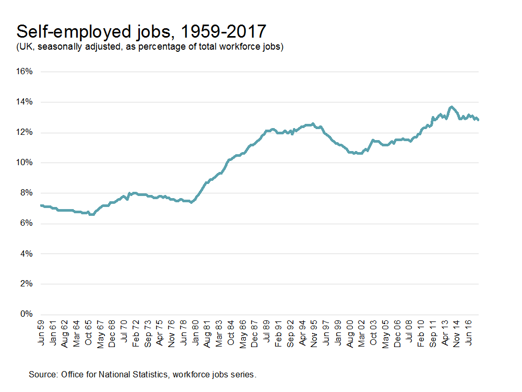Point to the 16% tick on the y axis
(26, 72)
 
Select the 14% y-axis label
(26, 102)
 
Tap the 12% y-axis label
(26, 132)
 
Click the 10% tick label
(26, 163)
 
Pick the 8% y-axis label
(28, 193)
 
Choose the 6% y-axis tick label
(28, 223)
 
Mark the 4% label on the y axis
(28, 253)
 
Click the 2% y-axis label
(28, 284)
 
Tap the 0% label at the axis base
(28, 314)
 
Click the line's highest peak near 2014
(452, 107)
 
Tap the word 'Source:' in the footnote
(43, 374)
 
